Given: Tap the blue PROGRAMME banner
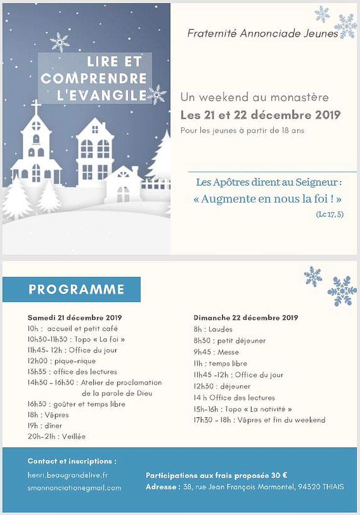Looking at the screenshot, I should pos(72,289).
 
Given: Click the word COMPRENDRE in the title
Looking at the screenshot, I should pos(94,79).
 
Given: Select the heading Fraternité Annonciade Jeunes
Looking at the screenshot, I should pos(263,34).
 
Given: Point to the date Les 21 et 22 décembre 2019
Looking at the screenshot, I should pos(260,115).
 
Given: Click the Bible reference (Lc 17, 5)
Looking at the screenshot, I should pos(330,215).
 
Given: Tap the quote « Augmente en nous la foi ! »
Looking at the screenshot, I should pos(267,198).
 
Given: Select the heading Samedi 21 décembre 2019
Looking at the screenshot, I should pos(75,317).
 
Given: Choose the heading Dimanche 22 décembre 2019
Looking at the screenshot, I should pos(246,317).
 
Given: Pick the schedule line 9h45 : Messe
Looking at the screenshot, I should pos(216,352).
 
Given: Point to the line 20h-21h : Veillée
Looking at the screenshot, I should pos(57,436).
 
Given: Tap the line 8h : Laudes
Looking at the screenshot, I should pos(213,329).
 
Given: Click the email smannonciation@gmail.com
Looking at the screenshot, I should pos(75,488).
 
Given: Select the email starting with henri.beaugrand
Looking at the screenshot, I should pos(68,475).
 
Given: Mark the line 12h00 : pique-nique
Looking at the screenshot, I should pos(62,361).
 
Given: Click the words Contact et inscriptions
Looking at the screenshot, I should pos(72,461).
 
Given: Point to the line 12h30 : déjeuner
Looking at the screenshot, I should pos(222,386).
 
